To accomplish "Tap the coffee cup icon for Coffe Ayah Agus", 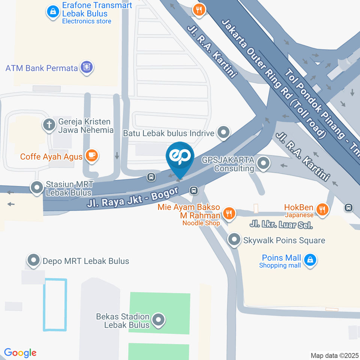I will pos(91,156).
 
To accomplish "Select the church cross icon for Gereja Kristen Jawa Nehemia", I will pos(49,125).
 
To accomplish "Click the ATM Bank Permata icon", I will pos(87,68).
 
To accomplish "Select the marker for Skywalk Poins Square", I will pos(234,240).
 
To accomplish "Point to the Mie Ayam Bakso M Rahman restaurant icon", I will pos(228,213).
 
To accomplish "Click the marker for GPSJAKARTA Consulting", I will pos(264,163).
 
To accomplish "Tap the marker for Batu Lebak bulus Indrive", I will pos(224,132).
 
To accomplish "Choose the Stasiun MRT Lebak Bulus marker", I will pos(37,188).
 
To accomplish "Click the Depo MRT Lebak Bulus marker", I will pos(34,261).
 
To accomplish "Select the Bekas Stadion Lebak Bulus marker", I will pos(159,320).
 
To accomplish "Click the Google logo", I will pos(20,353).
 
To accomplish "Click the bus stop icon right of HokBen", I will pos(349,207).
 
